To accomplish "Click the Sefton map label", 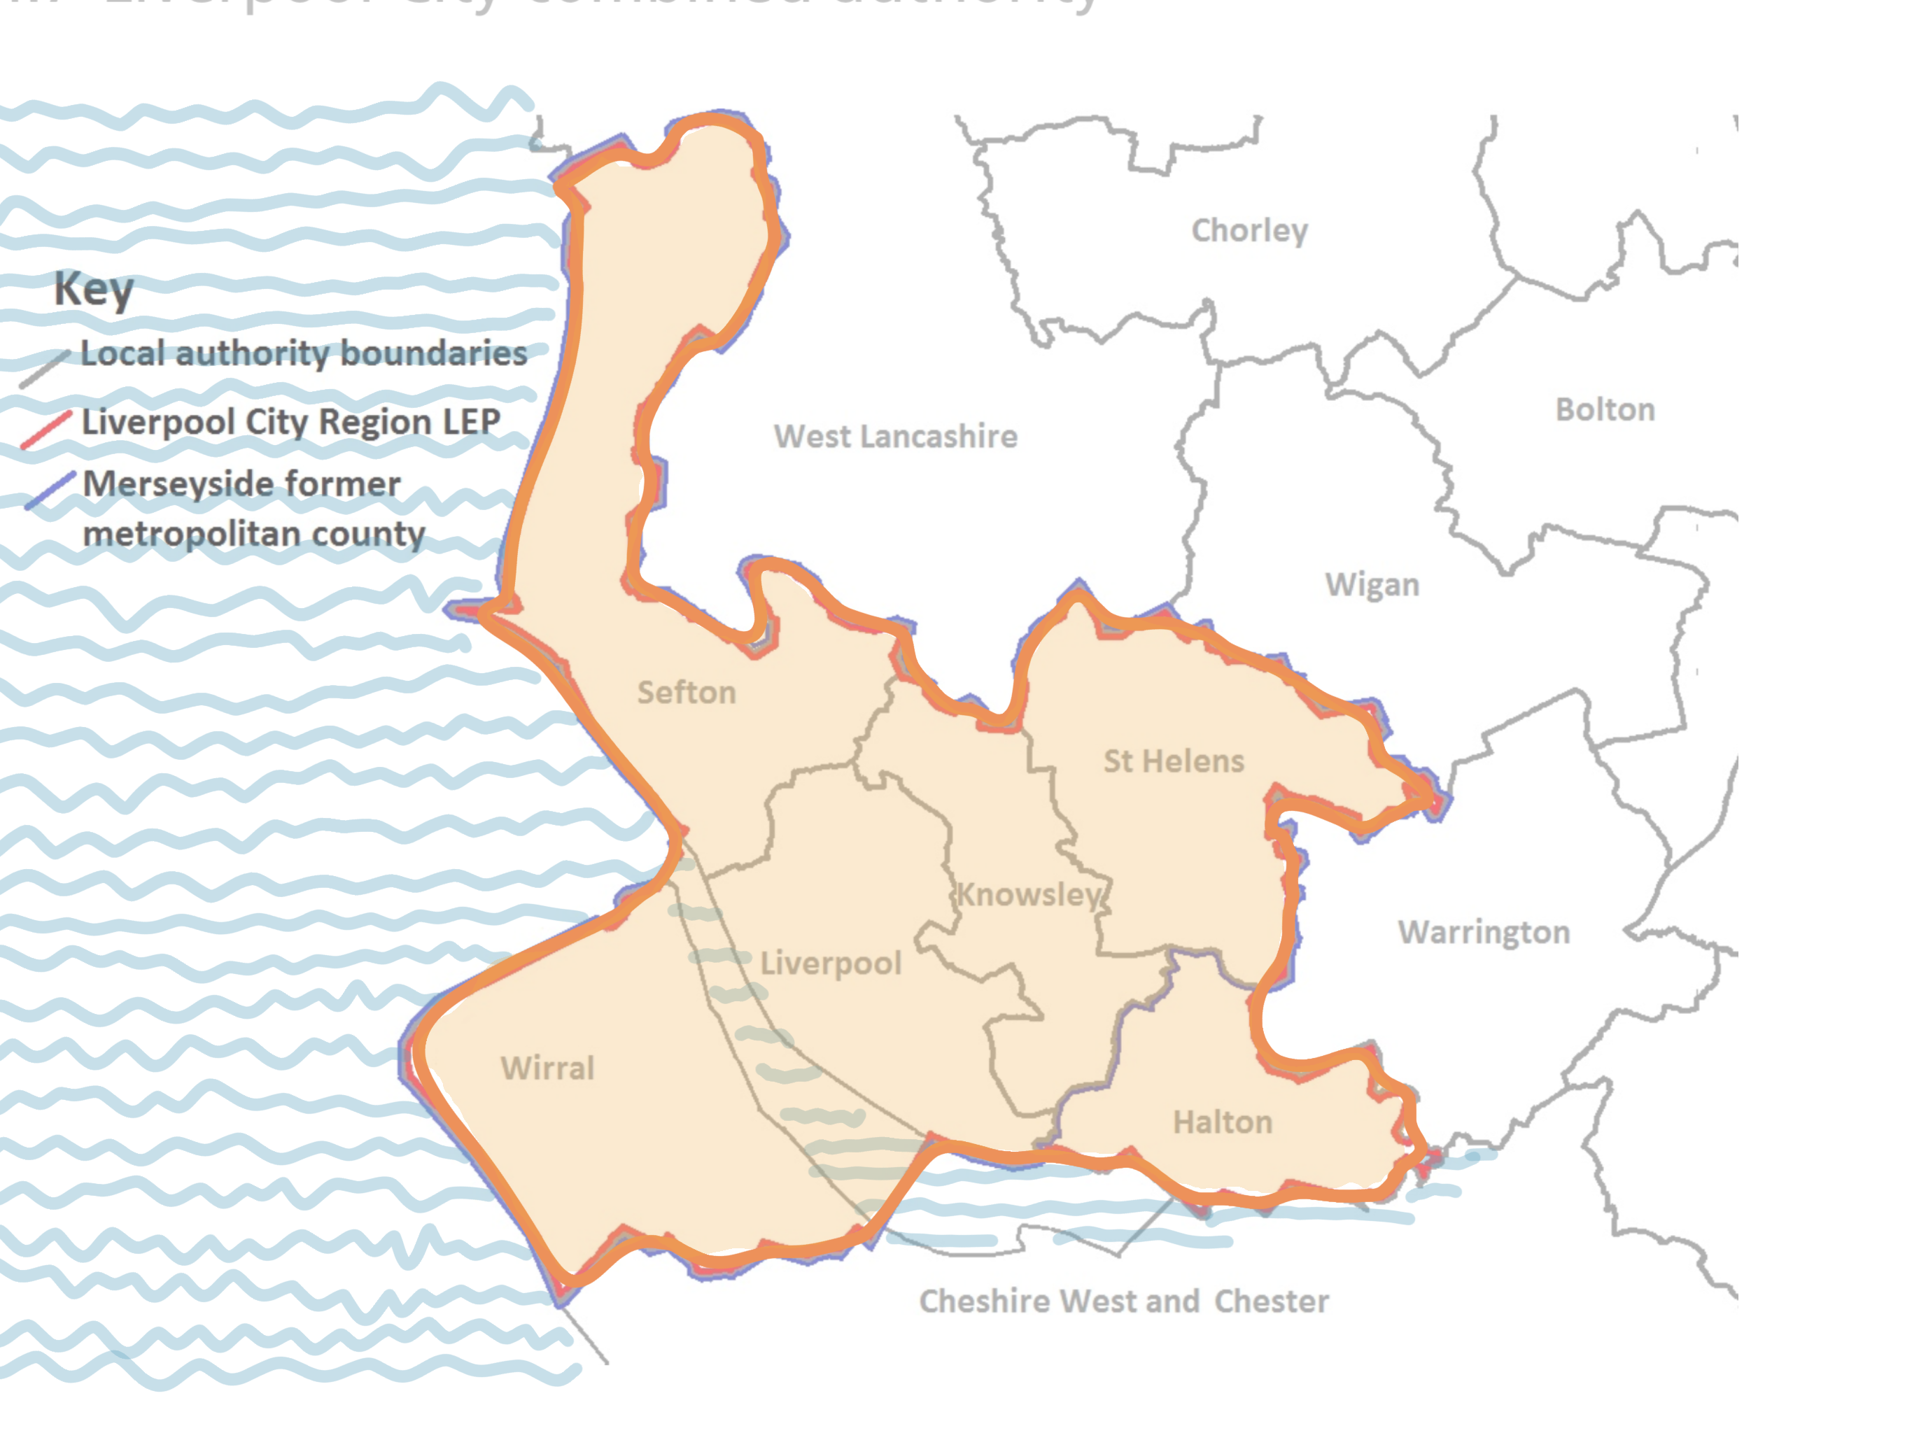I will click(687, 692).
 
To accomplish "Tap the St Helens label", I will click(1173, 761).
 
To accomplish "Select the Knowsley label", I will click(1029, 894).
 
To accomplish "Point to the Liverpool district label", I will click(830, 963).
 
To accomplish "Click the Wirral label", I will click(547, 1068).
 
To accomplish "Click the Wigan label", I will click(1372, 585).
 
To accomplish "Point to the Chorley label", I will click(1249, 231).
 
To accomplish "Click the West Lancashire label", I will click(896, 437).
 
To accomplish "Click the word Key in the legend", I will click(93, 289).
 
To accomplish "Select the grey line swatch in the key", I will click(44, 369).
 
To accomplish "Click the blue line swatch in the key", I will click(50, 490).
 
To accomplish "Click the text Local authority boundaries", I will click(304, 353).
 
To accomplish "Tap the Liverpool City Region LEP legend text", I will click(290, 422).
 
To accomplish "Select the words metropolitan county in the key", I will click(253, 534).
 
